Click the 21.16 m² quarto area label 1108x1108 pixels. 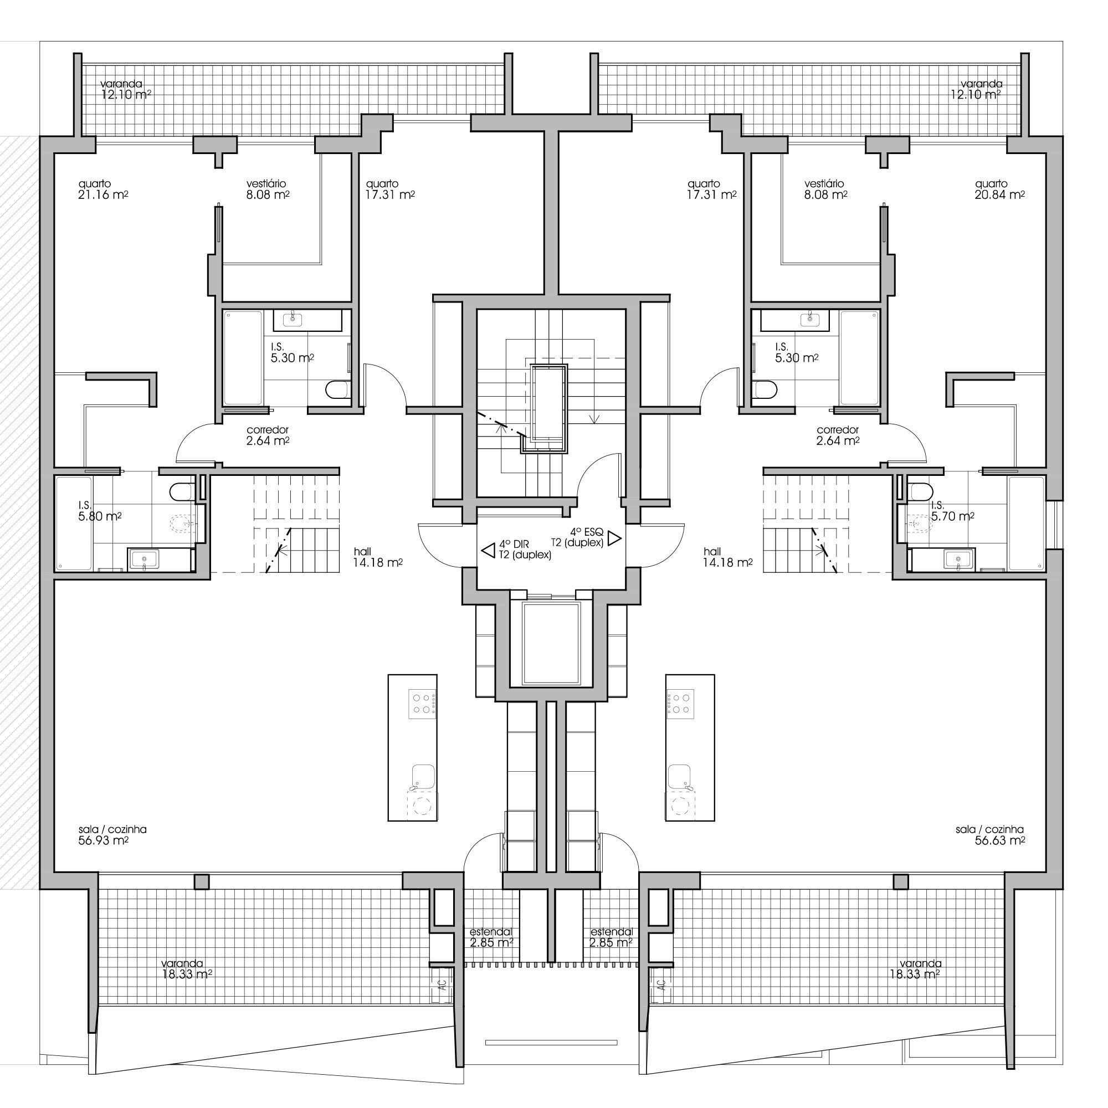click(103, 190)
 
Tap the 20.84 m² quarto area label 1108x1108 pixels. click(999, 190)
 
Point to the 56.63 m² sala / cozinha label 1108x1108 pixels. click(991, 835)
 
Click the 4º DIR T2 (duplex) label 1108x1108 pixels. click(525, 550)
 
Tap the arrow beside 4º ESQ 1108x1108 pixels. click(615, 538)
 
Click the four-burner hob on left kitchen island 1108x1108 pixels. click(422, 704)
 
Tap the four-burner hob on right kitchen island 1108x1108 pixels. click(681, 704)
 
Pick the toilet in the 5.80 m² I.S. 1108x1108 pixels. click(183, 491)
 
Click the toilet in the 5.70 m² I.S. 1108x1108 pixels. click(921, 491)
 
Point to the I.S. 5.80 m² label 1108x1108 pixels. click(100, 511)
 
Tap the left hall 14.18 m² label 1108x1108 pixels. click(377, 557)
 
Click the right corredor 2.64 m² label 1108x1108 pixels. click(838, 435)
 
